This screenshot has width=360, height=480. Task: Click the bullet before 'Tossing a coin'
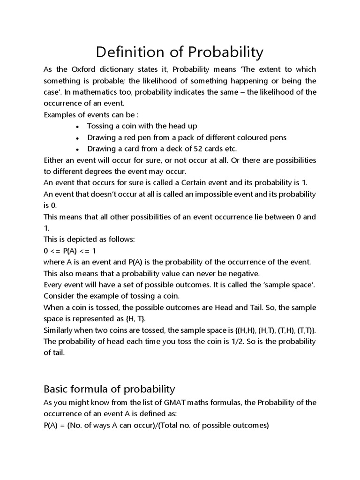tap(77, 127)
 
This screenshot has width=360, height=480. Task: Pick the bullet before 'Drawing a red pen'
tap(77, 138)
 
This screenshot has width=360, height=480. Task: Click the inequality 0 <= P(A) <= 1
tap(69, 250)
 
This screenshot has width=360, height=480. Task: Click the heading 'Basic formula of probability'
tap(109, 389)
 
